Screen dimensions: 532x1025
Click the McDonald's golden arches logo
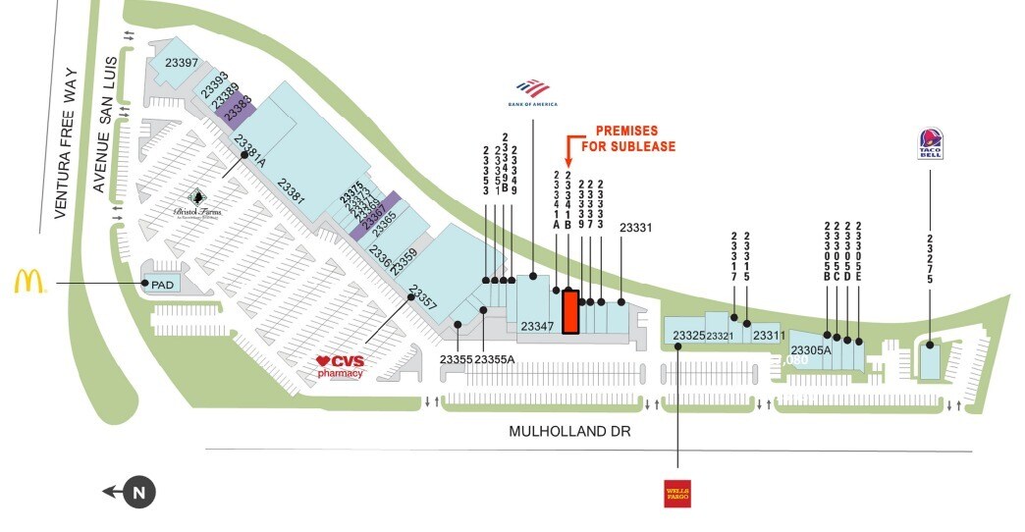pos(29,282)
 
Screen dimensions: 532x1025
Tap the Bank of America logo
pos(533,91)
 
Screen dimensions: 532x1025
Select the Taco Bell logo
pos(930,144)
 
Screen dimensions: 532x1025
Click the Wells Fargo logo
pos(677,493)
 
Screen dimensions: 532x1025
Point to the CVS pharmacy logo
pos(341,367)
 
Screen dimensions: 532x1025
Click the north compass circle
pos(139,493)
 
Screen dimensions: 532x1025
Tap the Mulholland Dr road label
pos(568,432)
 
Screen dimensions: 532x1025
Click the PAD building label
pos(160,284)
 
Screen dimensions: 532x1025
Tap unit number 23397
pos(182,64)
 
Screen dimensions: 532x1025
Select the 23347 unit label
pos(538,326)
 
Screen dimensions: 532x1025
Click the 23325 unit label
pos(689,336)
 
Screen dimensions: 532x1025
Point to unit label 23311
pos(770,336)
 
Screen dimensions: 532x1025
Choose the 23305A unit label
pos(811,350)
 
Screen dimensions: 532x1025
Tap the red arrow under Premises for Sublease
pos(567,152)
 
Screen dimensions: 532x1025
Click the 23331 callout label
pos(636,228)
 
